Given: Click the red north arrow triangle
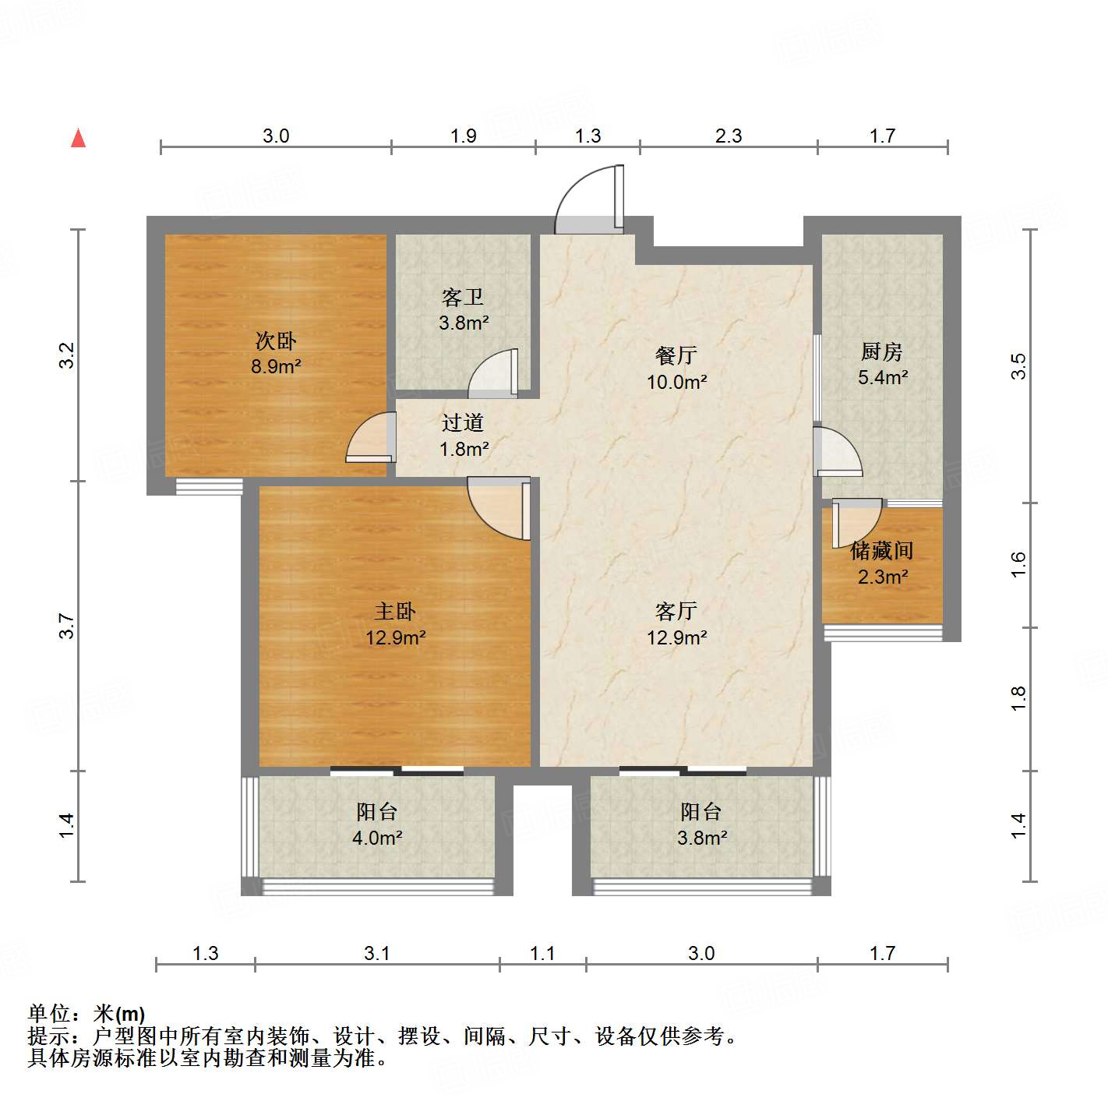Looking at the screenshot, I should tap(78, 138).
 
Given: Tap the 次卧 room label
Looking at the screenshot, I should tap(276, 341).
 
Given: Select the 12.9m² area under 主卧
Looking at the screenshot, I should tap(396, 638).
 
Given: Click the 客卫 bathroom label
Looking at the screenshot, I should tap(463, 298).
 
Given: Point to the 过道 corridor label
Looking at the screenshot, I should tap(463, 423).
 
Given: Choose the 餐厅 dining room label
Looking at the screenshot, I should tap(676, 355).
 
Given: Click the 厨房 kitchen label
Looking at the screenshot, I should tap(882, 352).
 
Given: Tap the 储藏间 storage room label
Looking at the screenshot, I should tap(882, 551).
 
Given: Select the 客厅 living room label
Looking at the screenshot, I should tap(676, 611).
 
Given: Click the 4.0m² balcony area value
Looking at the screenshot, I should tap(377, 838).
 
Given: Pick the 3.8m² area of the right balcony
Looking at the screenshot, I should tap(702, 838).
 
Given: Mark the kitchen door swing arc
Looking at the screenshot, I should tap(838, 451).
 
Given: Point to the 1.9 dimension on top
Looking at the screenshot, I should tap(463, 136).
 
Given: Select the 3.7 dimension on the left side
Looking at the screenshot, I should tap(67, 627).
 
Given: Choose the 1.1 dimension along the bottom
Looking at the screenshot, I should tap(542, 954).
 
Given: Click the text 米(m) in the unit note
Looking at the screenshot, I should tap(119, 1014).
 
